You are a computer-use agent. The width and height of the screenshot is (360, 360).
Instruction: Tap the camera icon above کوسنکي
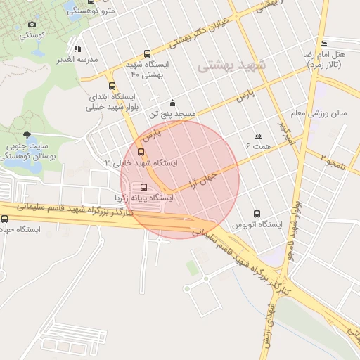tap(31, 25)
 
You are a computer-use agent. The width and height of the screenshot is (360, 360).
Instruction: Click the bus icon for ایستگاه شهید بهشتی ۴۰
tap(146, 54)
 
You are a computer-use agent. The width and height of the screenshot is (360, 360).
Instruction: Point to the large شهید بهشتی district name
tap(232, 65)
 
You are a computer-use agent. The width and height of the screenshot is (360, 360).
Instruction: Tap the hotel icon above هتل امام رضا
tap(323, 44)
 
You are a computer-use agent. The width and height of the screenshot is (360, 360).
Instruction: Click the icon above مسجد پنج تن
tap(172, 103)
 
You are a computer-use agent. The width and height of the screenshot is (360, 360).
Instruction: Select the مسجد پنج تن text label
tap(172, 113)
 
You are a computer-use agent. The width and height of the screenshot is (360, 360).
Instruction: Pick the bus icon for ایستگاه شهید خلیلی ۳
tap(141, 151)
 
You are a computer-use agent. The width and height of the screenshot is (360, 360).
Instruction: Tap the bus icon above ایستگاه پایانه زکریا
tap(144, 187)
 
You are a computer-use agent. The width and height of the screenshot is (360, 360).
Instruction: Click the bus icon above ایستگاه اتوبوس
tap(257, 214)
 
